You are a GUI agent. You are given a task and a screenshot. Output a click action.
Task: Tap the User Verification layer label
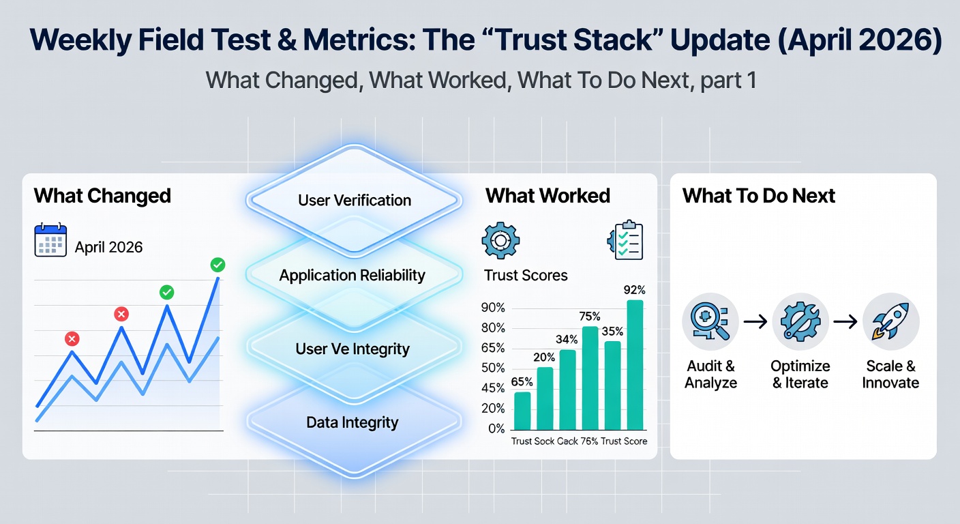click(x=355, y=200)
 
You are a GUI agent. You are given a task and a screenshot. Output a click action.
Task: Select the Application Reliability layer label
click(x=352, y=275)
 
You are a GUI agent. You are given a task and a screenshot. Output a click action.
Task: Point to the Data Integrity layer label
click(x=352, y=422)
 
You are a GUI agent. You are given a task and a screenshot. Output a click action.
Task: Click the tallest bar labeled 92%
click(x=635, y=364)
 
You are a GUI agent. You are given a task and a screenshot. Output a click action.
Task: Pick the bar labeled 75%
click(x=590, y=378)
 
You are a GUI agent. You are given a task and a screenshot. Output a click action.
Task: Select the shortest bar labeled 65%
click(x=522, y=411)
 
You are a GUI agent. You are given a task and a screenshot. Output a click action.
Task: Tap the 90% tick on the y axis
click(x=493, y=308)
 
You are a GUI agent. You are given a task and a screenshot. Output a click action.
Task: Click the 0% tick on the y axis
click(x=497, y=428)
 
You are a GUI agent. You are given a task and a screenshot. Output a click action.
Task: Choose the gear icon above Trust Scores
click(x=500, y=240)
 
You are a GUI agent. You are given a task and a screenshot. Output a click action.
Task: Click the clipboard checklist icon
click(x=625, y=239)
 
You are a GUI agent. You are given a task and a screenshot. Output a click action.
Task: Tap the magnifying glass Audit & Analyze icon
click(x=710, y=321)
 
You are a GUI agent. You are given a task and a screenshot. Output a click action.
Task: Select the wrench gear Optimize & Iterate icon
click(x=800, y=321)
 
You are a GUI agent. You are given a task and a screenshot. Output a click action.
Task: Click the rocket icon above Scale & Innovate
click(x=890, y=321)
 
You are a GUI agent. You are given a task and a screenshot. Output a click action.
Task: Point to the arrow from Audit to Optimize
click(x=755, y=321)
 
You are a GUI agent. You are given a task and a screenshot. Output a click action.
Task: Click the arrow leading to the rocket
click(x=845, y=321)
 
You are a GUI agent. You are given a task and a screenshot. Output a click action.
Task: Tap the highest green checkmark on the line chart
click(x=217, y=265)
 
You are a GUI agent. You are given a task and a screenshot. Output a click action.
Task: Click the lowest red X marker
click(x=72, y=338)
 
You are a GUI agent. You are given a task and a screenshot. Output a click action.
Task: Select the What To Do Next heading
click(x=759, y=196)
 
